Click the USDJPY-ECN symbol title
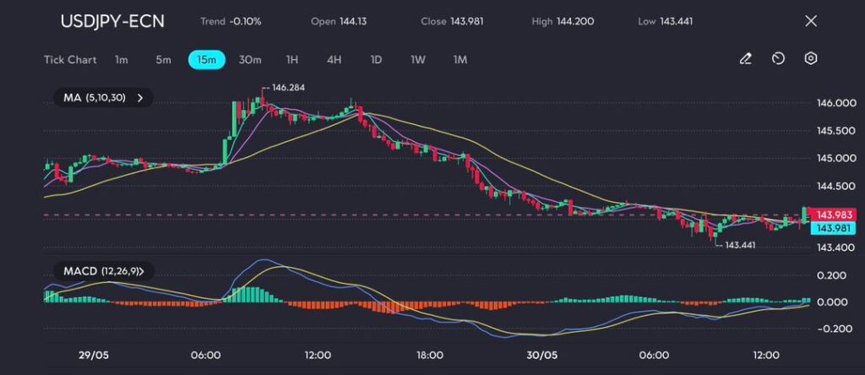(112, 21)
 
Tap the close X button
(811, 21)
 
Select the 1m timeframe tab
(122, 60)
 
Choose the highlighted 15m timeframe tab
(206, 60)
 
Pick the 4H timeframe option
(334, 60)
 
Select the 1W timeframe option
(418, 60)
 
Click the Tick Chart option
(69, 60)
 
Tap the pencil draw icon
(746, 59)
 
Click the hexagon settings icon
(811, 59)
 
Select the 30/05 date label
(541, 355)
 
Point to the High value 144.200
(574, 21)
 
